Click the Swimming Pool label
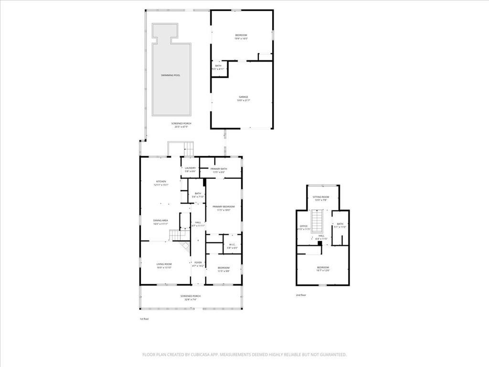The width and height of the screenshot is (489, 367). [x=170, y=76]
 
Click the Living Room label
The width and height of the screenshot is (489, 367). [x=164, y=266]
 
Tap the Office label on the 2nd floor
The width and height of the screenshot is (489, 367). [x=304, y=227]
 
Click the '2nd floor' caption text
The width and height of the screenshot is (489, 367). [x=301, y=295]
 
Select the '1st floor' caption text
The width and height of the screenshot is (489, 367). [x=144, y=319]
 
